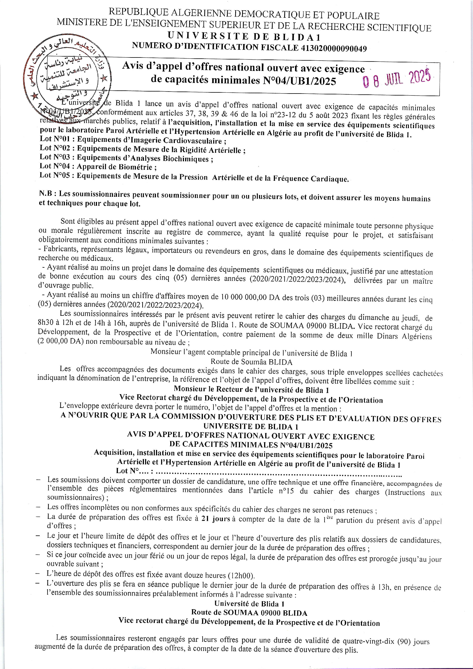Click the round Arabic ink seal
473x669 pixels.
69,76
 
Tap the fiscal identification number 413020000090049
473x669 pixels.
333,48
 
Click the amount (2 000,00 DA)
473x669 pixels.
60,341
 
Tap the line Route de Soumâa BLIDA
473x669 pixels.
251,362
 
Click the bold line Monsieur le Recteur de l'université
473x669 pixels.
251,390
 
